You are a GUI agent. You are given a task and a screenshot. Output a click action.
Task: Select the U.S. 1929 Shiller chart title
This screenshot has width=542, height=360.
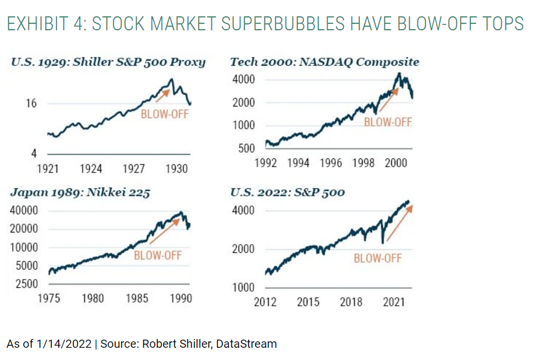(x=108, y=62)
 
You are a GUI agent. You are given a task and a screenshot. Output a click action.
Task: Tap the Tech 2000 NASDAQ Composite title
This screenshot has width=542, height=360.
(x=324, y=62)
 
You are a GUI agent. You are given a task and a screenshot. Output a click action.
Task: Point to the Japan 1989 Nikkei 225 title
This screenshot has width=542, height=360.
(x=80, y=193)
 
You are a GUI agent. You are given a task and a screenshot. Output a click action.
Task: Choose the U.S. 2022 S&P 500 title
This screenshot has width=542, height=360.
(x=287, y=193)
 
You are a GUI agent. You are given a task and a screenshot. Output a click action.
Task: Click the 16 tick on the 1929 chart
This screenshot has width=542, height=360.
(x=31, y=104)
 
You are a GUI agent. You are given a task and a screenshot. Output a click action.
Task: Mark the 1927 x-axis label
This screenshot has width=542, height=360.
(x=134, y=169)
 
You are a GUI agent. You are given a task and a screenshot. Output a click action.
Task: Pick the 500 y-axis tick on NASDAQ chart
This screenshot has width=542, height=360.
(x=246, y=149)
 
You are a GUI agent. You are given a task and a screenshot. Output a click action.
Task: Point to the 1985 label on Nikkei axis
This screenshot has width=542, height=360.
(x=138, y=299)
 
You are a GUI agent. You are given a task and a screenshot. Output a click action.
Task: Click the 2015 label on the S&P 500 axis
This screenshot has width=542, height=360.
(x=308, y=302)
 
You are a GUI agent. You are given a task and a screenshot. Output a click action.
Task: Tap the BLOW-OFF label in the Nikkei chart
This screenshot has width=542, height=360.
(x=158, y=255)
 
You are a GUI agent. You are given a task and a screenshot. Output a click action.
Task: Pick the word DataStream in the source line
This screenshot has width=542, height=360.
(x=246, y=344)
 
